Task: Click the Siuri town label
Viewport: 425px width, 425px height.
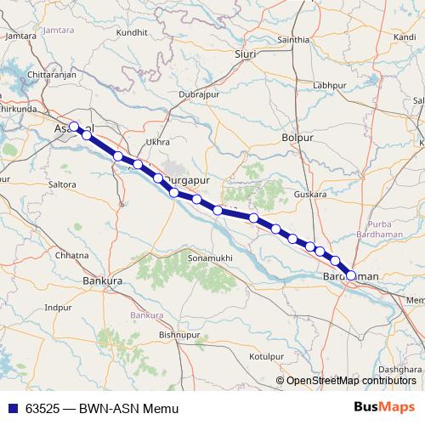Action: pyautogui.click(x=244, y=54)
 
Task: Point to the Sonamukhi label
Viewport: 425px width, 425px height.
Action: pyautogui.click(x=210, y=257)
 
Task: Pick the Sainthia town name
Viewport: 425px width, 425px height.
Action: pyautogui.click(x=293, y=40)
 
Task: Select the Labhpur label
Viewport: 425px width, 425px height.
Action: pyautogui.click(x=330, y=86)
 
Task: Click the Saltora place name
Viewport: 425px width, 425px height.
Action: pyautogui.click(x=62, y=184)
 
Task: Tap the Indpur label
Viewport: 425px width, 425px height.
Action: pyautogui.click(x=58, y=307)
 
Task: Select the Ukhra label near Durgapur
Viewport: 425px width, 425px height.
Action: pyautogui.click(x=158, y=142)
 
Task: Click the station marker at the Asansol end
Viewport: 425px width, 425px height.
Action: pyautogui.click(x=74, y=127)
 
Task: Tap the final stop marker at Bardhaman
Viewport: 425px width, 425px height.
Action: pyautogui.click(x=351, y=275)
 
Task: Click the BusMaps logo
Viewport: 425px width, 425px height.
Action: pyautogui.click(x=385, y=407)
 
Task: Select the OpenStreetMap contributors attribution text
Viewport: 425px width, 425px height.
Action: pyautogui.click(x=350, y=381)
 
